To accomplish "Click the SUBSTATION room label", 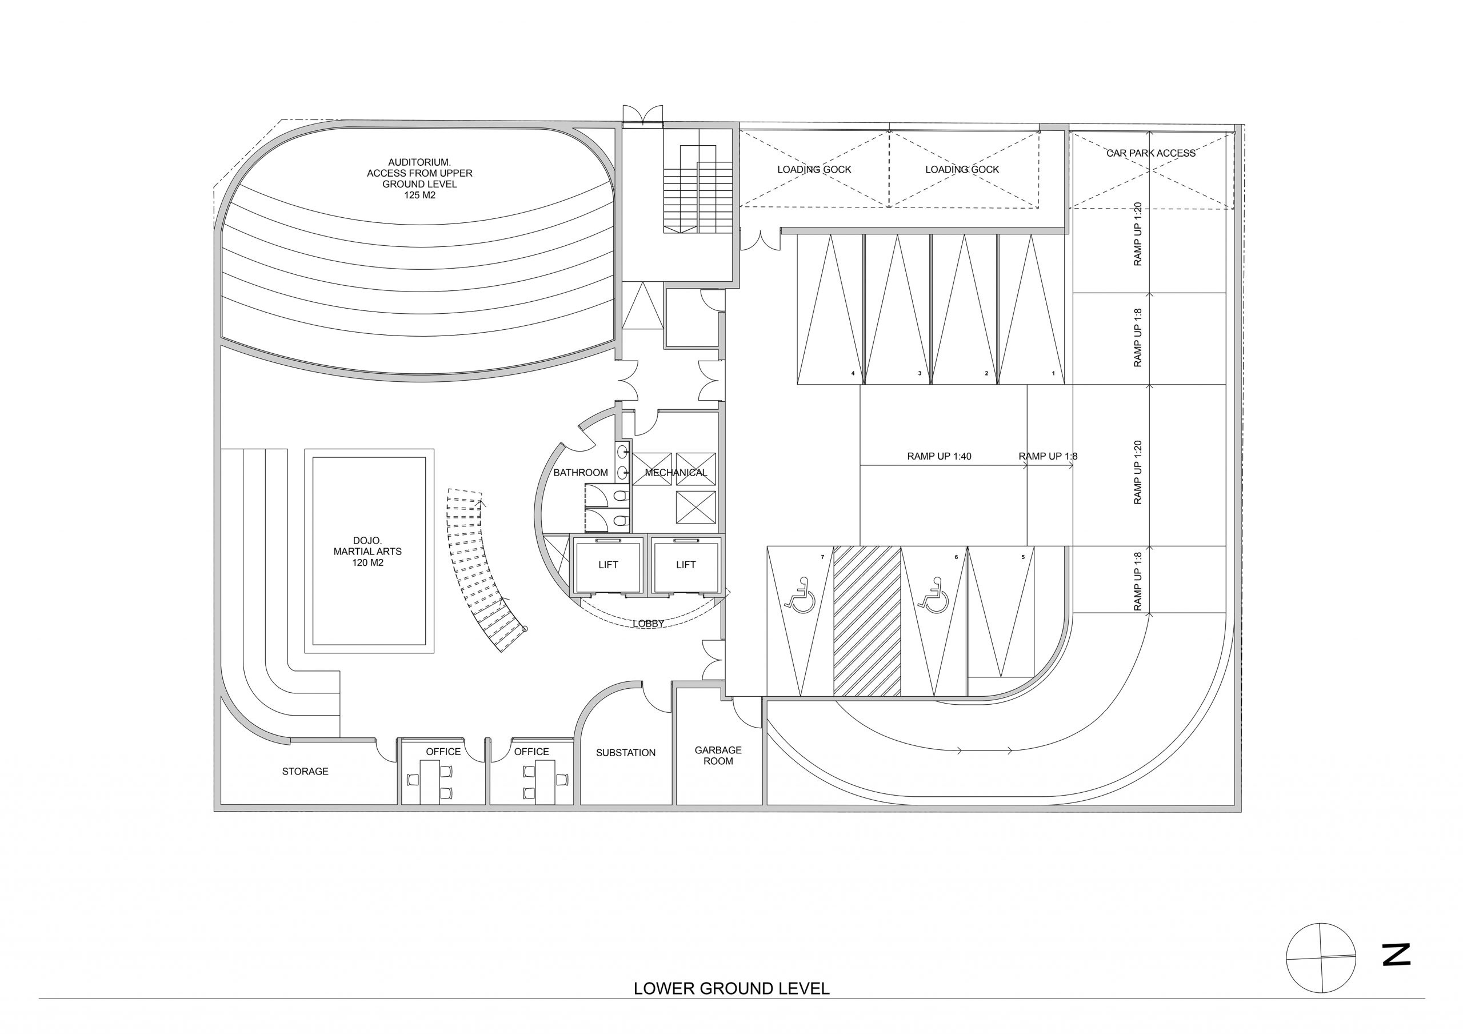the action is [625, 753].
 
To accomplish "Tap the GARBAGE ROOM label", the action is [718, 756].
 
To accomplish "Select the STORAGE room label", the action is [305, 772].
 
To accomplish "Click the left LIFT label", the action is [608, 565].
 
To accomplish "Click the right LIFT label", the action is [686, 565].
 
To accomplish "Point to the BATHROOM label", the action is [581, 472].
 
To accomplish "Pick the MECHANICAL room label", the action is [676, 472].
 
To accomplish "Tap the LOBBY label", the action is [649, 624].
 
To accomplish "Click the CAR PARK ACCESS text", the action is [1151, 153].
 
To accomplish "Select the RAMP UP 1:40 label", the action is [939, 457].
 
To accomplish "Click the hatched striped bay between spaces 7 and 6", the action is [867, 621].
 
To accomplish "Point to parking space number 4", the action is [853, 374].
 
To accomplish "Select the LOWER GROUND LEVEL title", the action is [731, 989].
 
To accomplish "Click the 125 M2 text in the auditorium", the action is [419, 195].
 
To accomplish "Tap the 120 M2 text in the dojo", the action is [367, 563].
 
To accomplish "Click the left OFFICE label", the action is [443, 752].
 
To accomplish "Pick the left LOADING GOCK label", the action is [814, 170].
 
